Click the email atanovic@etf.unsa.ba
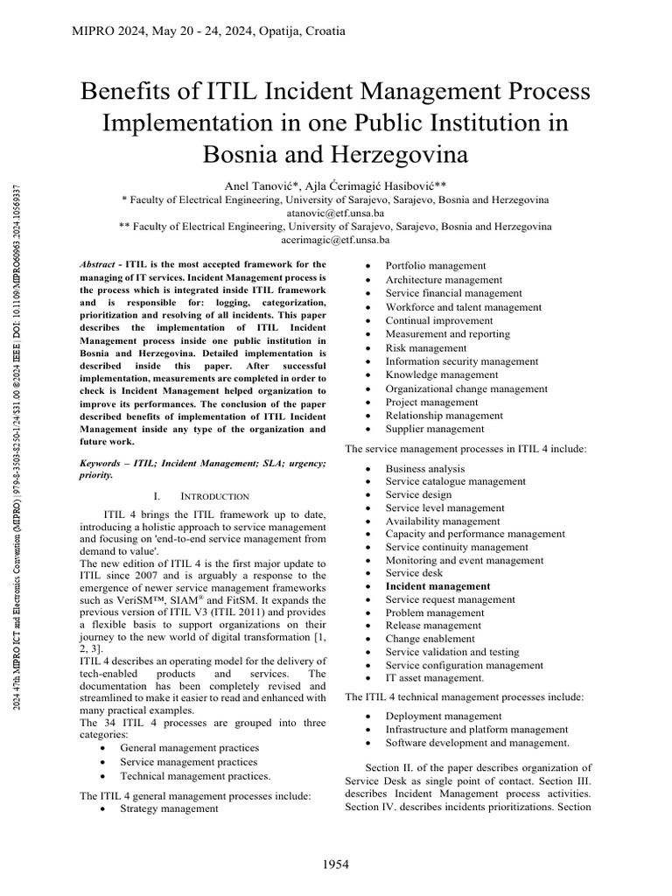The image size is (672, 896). (335, 213)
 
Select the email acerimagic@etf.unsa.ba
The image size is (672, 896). (335, 239)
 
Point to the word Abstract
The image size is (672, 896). (98, 263)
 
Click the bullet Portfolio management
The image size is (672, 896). (424, 266)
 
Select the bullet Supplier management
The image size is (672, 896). (422, 429)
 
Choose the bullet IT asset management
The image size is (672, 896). (435, 677)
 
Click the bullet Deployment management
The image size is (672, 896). (431, 717)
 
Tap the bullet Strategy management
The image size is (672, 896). (169, 808)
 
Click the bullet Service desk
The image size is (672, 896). (413, 573)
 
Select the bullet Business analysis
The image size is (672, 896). (425, 468)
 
